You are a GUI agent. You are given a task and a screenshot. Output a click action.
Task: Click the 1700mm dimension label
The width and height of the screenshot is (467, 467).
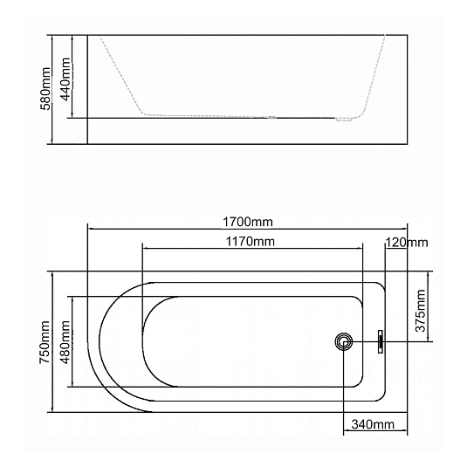point(248,222)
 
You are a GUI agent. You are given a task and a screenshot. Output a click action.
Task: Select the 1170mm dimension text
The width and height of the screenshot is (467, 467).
point(251,241)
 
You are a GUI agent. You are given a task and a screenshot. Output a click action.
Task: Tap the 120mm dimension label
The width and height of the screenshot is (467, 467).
point(407,243)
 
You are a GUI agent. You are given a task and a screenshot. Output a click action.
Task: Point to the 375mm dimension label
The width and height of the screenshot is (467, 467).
point(421,311)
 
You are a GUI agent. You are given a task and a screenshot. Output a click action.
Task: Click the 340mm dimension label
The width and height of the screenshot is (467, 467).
point(373,424)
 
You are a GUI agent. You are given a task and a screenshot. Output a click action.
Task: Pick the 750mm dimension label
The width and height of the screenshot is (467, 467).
point(45,342)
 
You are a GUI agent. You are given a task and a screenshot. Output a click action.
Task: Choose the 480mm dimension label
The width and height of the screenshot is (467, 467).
point(65,342)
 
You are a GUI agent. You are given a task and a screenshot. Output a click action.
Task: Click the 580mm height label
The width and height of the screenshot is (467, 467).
point(45,89)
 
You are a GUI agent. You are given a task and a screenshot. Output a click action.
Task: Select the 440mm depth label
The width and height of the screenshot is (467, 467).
point(65,79)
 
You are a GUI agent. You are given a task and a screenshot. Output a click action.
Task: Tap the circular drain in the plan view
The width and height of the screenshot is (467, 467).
point(344,341)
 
